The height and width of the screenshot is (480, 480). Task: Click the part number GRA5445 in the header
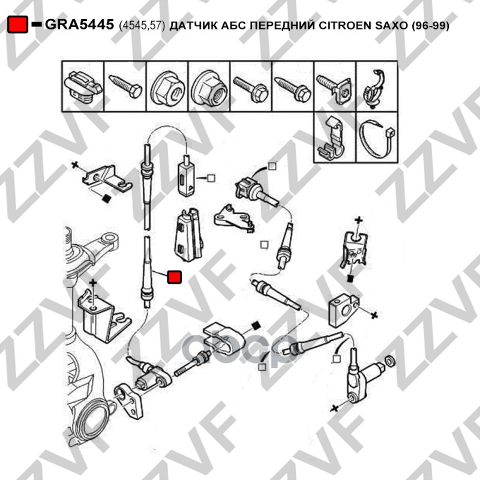pos(79,25)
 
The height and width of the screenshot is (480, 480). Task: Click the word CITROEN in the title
pos(345,25)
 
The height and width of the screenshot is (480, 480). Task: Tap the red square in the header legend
pos(18,24)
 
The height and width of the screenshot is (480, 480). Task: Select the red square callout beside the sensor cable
pos(174,277)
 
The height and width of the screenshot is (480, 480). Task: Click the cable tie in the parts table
pos(377,137)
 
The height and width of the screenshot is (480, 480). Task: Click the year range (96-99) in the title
pos(430,26)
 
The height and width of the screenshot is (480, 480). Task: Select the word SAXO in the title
pos(391,25)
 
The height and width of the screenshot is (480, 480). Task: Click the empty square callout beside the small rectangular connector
pos(211,178)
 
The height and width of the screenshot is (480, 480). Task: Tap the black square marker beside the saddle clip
pos(256,325)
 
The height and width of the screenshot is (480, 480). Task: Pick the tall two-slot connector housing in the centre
pos(188,235)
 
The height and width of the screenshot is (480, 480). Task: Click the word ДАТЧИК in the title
pos(190,25)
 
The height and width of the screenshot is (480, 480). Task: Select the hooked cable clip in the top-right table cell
pos(373,89)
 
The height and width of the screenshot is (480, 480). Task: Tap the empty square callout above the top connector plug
pos(272,166)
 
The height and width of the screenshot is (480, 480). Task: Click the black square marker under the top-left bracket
pos(106,199)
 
